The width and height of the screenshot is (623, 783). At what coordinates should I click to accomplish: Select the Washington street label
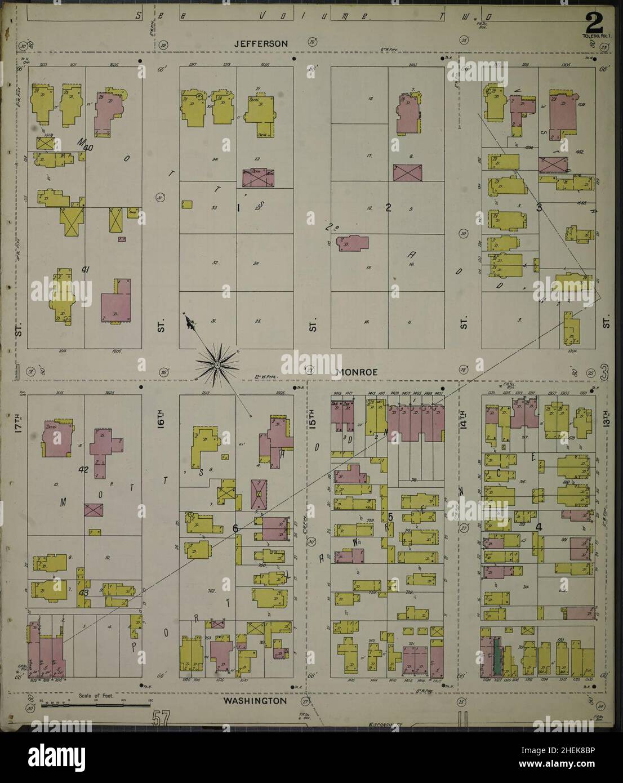point(255,701)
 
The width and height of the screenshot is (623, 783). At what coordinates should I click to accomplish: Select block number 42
point(83,469)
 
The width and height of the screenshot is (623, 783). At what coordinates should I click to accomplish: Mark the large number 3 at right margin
point(604,372)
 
